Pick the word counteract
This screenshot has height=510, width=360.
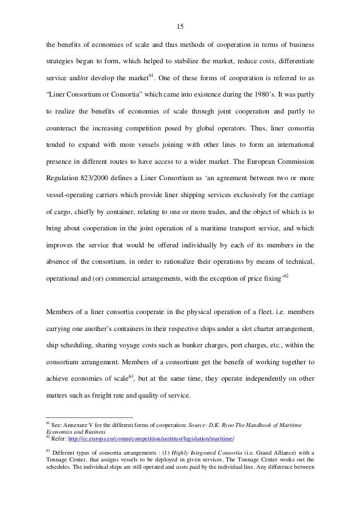(63, 130)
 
